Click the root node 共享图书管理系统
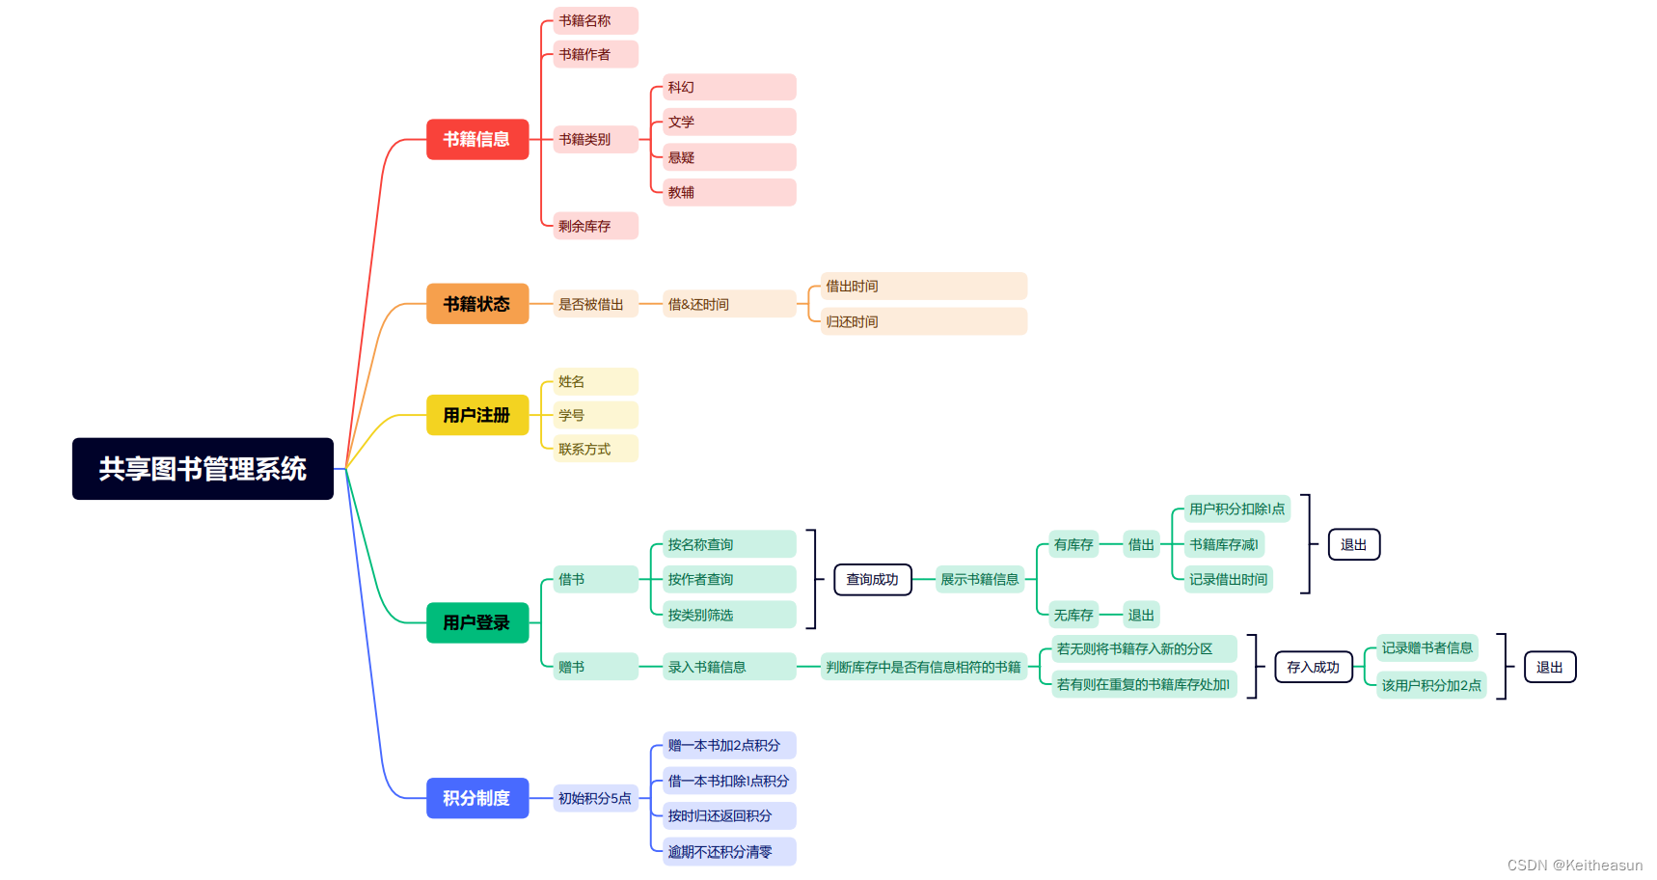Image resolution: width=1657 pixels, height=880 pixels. pos(203,469)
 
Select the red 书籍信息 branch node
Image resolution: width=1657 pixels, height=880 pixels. pos(477,139)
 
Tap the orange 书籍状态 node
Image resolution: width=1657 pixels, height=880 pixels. pos(477,304)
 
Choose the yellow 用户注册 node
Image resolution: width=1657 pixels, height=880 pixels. pos(477,415)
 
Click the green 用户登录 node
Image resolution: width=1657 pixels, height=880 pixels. pos(477,622)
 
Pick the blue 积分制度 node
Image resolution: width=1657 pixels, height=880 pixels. pos(477,798)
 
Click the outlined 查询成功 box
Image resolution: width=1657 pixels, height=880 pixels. pos(872,579)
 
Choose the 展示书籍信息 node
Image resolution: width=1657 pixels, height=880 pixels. pos(979,579)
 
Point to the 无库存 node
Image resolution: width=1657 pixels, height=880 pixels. pos(1073,615)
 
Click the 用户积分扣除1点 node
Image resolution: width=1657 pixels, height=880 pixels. pos(1236,509)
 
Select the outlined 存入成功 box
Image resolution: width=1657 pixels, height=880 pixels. pos(1313,667)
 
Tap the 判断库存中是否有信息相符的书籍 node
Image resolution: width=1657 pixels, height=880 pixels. pos(923,667)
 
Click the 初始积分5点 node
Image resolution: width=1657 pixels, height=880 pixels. pos(595,798)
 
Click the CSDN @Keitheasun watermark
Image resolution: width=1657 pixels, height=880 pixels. pos(1574,866)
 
